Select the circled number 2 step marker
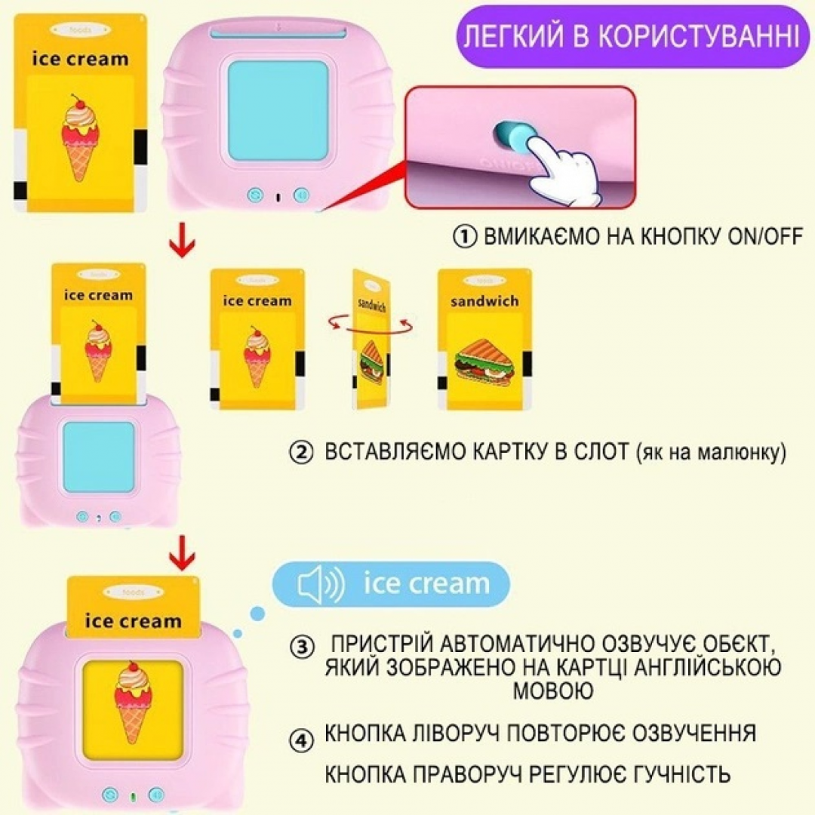coord(302,454)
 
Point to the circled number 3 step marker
coord(302,647)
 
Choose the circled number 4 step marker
coord(302,740)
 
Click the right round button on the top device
coord(300,195)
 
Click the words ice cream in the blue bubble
coord(426,583)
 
